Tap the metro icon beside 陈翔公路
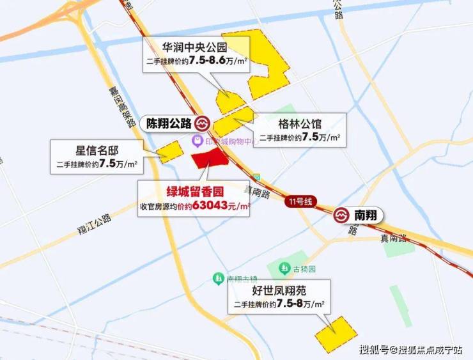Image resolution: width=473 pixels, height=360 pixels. [204, 123]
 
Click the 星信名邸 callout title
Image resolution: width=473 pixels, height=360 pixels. [97, 151]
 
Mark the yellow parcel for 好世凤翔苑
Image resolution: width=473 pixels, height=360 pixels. [336, 333]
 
